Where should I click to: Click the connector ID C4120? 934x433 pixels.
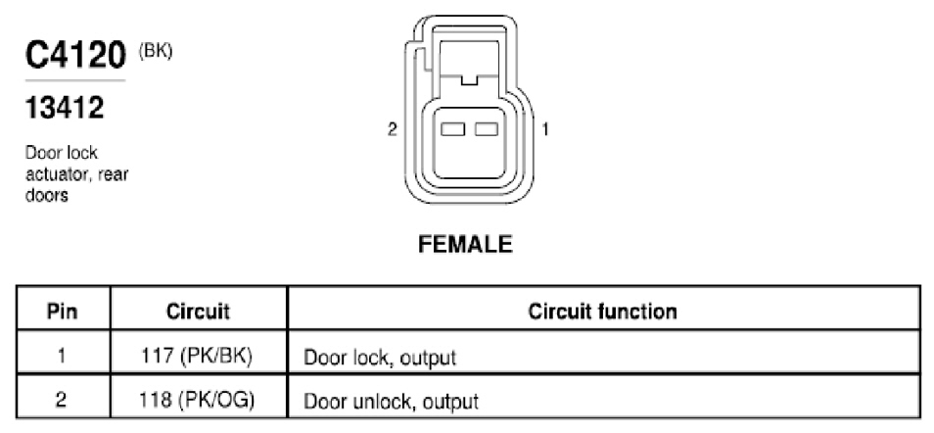(75, 56)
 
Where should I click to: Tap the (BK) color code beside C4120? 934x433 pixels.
(156, 51)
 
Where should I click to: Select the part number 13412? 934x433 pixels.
(65, 108)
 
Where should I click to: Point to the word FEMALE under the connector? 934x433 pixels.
(465, 245)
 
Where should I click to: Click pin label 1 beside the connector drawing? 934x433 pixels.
(544, 129)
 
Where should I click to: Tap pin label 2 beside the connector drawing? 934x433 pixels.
(392, 129)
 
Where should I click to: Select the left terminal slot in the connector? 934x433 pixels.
(452, 129)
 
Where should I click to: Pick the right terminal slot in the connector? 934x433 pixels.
(486, 129)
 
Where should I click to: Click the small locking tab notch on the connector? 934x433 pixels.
(469, 78)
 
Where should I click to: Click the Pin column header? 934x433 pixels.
(63, 312)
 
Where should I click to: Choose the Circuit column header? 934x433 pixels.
(198, 312)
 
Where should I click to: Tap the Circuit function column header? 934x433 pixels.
(603, 312)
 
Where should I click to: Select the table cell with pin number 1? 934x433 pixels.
(63, 356)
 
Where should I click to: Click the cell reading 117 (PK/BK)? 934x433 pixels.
(198, 356)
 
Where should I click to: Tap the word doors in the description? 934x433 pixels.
(46, 196)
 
